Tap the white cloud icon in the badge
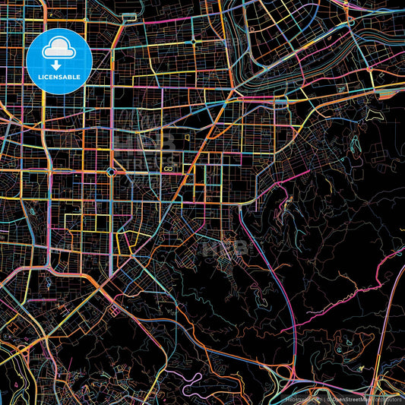click(59, 50)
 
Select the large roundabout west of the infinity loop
click(112, 172)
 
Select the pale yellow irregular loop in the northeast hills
click(372, 115)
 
